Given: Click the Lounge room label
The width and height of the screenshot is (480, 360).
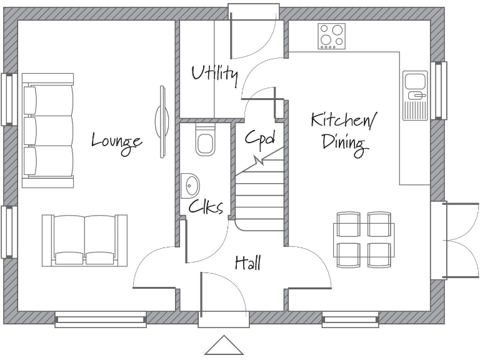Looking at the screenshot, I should (116, 141).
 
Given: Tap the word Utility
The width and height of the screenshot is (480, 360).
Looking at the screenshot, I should (214, 74).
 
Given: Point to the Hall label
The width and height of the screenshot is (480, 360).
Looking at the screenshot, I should (247, 263).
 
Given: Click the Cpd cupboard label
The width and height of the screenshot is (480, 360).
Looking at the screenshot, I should (259, 137).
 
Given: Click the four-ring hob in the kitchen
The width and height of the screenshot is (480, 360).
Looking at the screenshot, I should (331, 36).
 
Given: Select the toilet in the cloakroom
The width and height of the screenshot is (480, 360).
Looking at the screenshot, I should (204, 141).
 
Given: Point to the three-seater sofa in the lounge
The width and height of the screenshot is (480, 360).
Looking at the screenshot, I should (49, 129).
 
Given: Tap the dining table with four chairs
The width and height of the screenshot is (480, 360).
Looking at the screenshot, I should (363, 239).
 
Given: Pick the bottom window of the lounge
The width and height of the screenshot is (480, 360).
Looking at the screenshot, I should (100, 320).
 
